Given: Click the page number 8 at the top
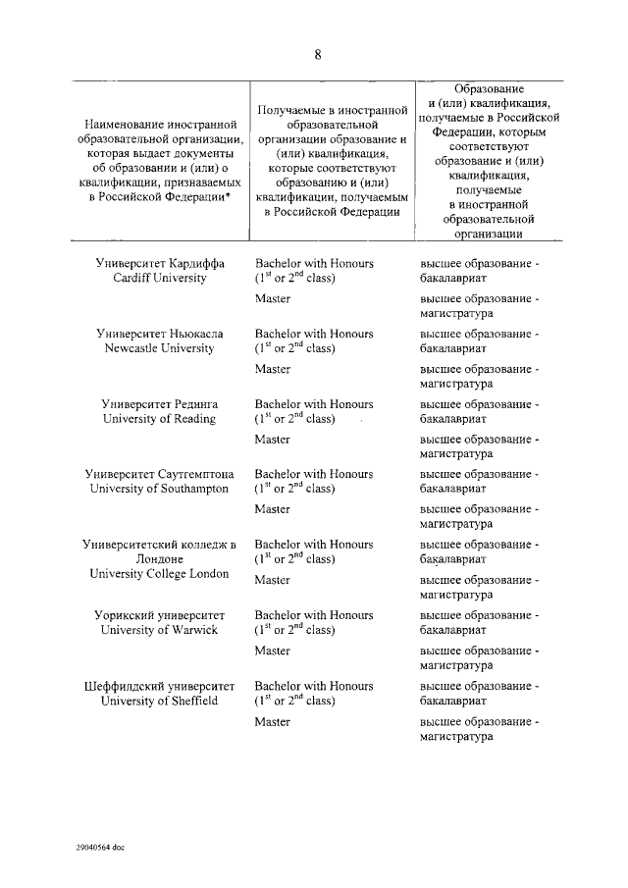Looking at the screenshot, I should coord(318,55).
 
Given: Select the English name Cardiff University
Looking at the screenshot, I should coord(160,279).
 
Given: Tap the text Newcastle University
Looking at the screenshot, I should coord(160,348).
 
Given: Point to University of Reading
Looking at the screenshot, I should coord(160,419).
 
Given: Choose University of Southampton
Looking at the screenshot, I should coord(160,489).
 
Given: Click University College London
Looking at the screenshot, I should coord(160,574).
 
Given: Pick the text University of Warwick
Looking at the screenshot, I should coord(160,630).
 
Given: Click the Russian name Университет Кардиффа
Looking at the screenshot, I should coord(160,264).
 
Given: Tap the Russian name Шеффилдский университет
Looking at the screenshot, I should coord(160,686).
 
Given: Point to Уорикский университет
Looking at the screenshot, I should coord(160,615).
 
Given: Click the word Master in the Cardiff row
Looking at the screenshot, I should coord(272,298).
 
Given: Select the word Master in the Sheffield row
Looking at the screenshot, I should coord(272,721).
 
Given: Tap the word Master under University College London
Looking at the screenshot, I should coord(272,580).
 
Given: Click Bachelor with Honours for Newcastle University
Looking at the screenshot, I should coord(314,334).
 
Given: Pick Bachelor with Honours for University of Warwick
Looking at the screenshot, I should coord(314,615).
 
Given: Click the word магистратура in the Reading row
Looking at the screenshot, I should coord(456,454).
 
